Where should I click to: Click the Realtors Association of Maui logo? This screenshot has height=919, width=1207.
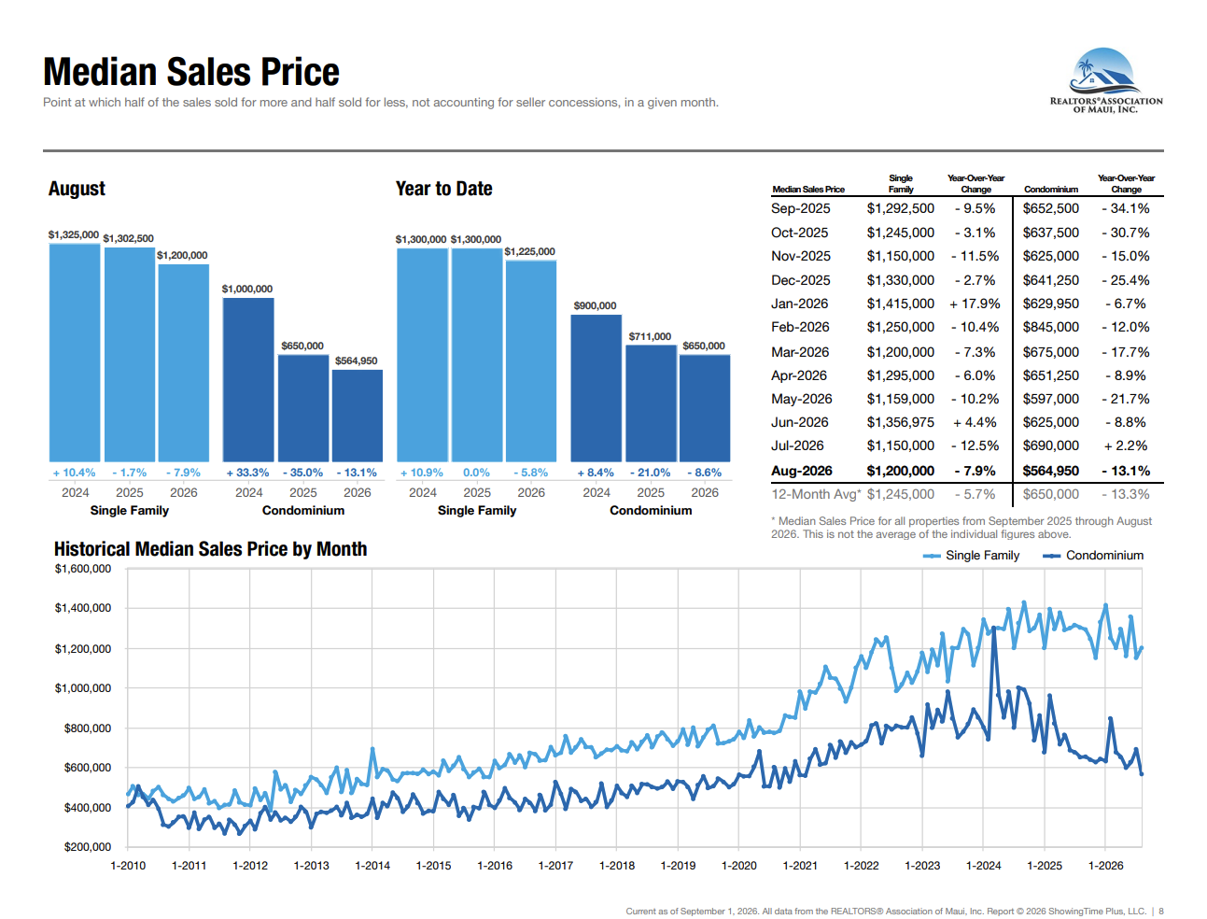[1106, 80]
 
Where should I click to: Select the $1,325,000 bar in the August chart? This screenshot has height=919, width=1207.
[75, 352]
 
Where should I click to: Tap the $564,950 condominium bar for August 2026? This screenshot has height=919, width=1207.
[358, 416]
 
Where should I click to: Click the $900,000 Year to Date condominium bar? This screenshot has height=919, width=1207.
[596, 389]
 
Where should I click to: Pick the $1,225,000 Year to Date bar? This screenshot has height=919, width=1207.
[531, 361]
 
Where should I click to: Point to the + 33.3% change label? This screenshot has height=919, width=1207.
[247, 473]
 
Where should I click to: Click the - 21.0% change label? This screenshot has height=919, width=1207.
[650, 473]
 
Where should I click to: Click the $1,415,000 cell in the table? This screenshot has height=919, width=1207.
[900, 304]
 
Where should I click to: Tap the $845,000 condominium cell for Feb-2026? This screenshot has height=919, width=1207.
[1050, 327]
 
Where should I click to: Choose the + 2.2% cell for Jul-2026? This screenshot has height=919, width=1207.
[1126, 445]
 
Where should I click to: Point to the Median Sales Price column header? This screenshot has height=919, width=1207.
[807, 190]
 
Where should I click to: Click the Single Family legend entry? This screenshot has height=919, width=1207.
[971, 556]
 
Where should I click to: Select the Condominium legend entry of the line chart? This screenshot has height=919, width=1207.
[1093, 556]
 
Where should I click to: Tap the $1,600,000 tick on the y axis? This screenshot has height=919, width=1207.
[82, 569]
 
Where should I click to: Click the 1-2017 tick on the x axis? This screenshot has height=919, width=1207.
[555, 866]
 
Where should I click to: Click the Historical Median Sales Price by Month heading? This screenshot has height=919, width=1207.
[210, 549]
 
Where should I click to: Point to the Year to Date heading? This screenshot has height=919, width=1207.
[443, 189]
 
